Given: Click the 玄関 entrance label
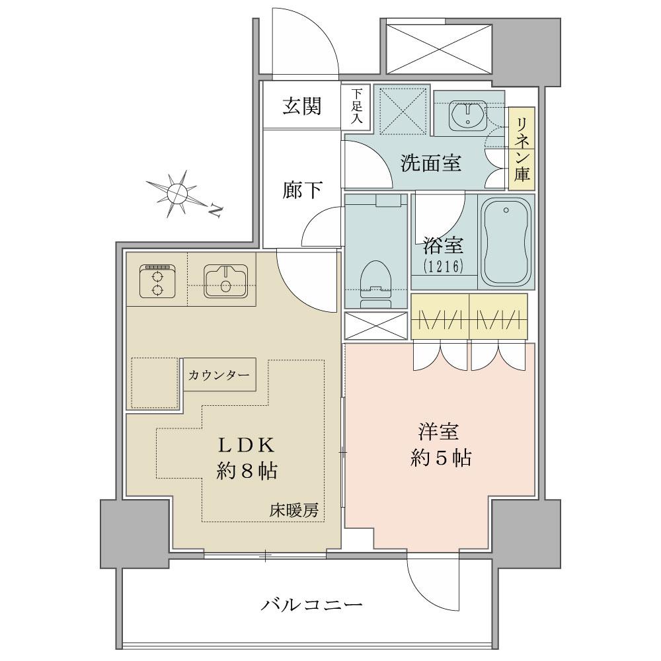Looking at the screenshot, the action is pyautogui.click(x=302, y=106).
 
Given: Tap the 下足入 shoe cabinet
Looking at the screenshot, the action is pyautogui.click(x=356, y=106).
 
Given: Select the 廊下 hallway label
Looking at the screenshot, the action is pyautogui.click(x=302, y=190).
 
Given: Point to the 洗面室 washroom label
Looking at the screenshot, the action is pyautogui.click(x=430, y=163).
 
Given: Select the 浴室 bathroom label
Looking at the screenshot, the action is pyautogui.click(x=443, y=245).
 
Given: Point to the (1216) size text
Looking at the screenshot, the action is pyautogui.click(x=444, y=266).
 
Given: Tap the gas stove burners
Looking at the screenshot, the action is pyautogui.click(x=157, y=281).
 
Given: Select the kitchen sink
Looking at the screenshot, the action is pyautogui.click(x=225, y=281).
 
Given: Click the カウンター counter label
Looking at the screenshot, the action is pyautogui.click(x=219, y=375).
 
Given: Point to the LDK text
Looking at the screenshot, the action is pyautogui.click(x=246, y=445).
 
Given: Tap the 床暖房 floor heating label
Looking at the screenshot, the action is pyautogui.click(x=294, y=510).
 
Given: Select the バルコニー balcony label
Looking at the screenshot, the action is pyautogui.click(x=311, y=605).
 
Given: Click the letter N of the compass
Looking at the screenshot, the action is pyautogui.click(x=216, y=210).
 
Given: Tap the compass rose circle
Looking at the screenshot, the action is pyautogui.click(x=177, y=194).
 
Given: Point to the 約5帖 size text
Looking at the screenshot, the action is pyautogui.click(x=441, y=458).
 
